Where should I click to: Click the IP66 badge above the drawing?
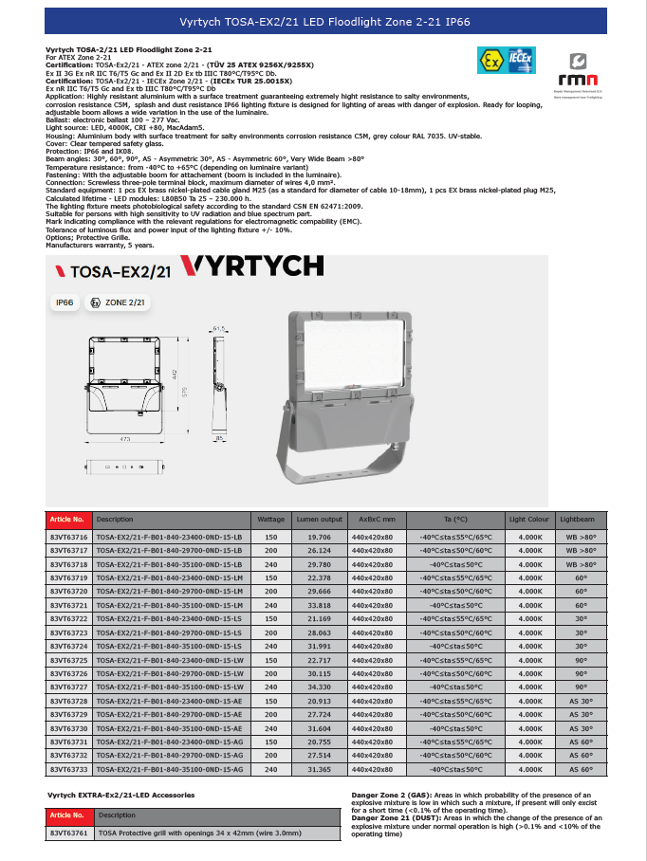coord(65,302)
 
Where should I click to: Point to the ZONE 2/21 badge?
coord(118,302)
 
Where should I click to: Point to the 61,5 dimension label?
coord(221,328)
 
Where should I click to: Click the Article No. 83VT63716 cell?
coord(68,537)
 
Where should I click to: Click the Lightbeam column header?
coord(578,520)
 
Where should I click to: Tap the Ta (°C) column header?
coord(455,520)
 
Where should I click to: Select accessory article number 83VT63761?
coord(68,832)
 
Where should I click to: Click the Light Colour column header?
coord(529,520)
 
